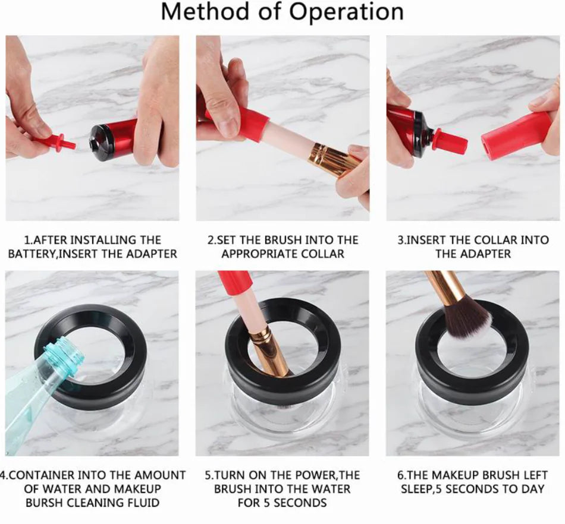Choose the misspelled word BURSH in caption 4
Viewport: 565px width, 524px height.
pos(48,503)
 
